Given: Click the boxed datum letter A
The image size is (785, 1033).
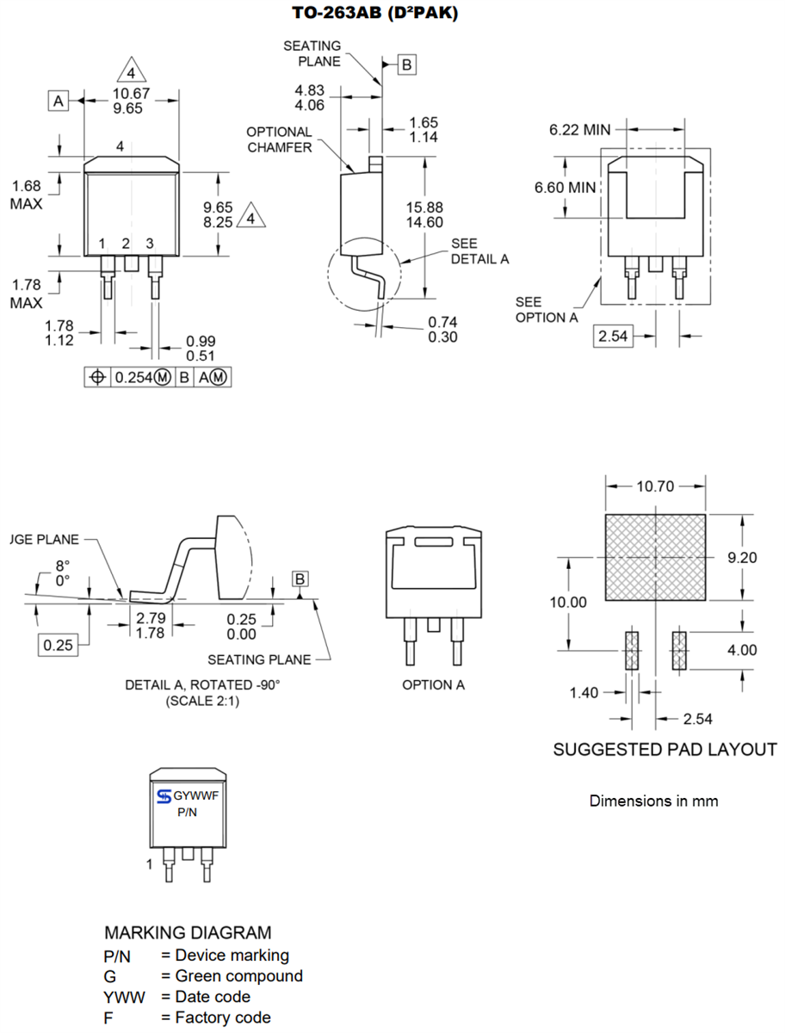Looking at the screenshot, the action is coord(58,102).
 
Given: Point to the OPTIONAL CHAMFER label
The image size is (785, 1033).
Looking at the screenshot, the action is coord(279,139).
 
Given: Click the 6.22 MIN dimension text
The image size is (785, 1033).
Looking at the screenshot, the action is coord(579,130).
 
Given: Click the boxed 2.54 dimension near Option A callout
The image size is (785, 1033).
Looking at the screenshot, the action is coord(613,336).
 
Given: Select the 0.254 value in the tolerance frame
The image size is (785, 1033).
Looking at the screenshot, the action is coord(134,378).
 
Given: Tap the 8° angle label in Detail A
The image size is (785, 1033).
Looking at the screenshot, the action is coord(61,566).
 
